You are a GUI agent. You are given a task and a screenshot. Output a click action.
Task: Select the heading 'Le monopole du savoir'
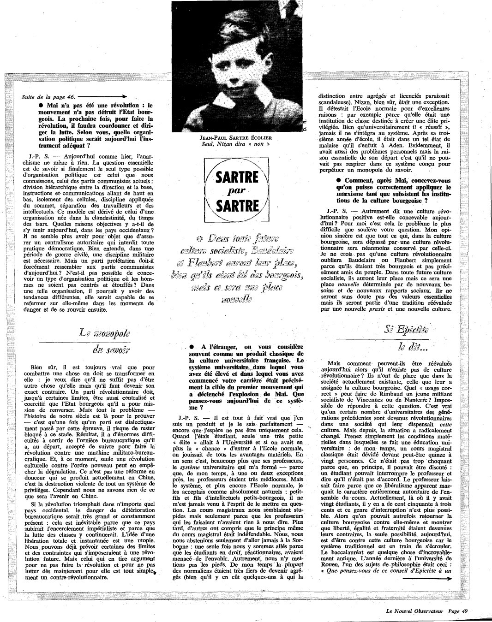(105, 342)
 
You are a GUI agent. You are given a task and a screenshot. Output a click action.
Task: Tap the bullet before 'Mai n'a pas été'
(42, 106)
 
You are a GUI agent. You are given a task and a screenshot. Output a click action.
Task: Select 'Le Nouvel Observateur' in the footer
(414, 610)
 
